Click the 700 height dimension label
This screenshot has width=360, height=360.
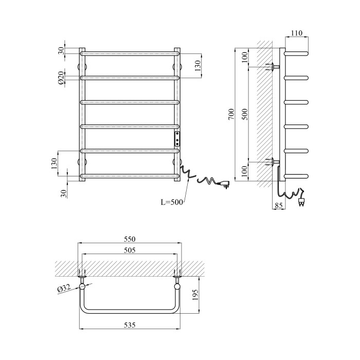[231, 114]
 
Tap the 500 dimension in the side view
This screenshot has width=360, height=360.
[245, 114]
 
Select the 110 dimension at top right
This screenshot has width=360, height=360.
[297, 33]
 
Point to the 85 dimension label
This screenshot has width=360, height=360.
[279, 206]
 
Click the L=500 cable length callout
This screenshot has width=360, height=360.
[172, 202]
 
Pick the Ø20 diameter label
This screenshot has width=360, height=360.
[61, 78]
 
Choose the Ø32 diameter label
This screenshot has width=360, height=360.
[64, 289]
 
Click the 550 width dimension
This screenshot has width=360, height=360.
[130, 239]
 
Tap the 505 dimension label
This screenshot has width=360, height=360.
[130, 250]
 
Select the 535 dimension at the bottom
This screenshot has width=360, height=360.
[130, 325]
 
